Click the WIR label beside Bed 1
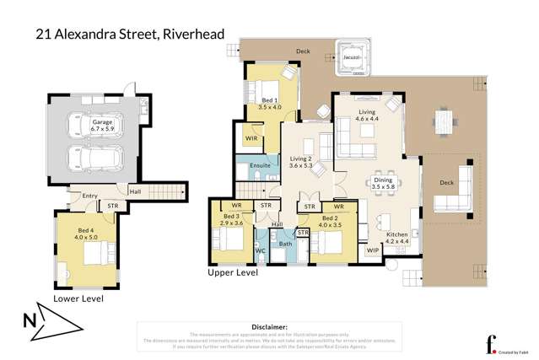[x=251, y=137]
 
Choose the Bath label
[x=285, y=244]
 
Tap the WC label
[x=261, y=250]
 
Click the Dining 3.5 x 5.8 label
[x=383, y=183]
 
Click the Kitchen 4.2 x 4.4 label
[x=397, y=239]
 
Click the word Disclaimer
[x=269, y=325]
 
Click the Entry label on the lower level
[x=89, y=196]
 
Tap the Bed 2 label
[x=329, y=221]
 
